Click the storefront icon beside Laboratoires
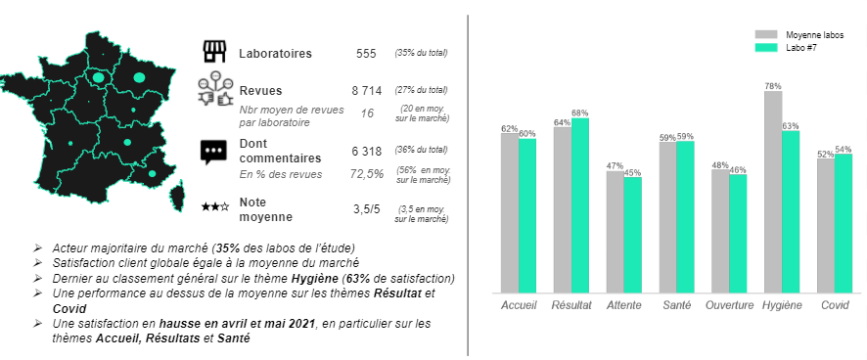(x=212, y=52)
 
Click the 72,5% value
(x=367, y=173)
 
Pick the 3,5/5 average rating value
(x=367, y=208)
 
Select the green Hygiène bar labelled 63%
(x=791, y=210)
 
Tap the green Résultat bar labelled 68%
(x=580, y=204)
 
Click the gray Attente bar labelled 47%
(x=615, y=231)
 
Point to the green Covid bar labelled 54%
(x=844, y=222)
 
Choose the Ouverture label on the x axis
(x=729, y=305)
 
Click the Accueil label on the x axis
(x=519, y=305)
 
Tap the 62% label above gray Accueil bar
(x=509, y=128)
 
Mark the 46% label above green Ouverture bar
(x=738, y=169)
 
